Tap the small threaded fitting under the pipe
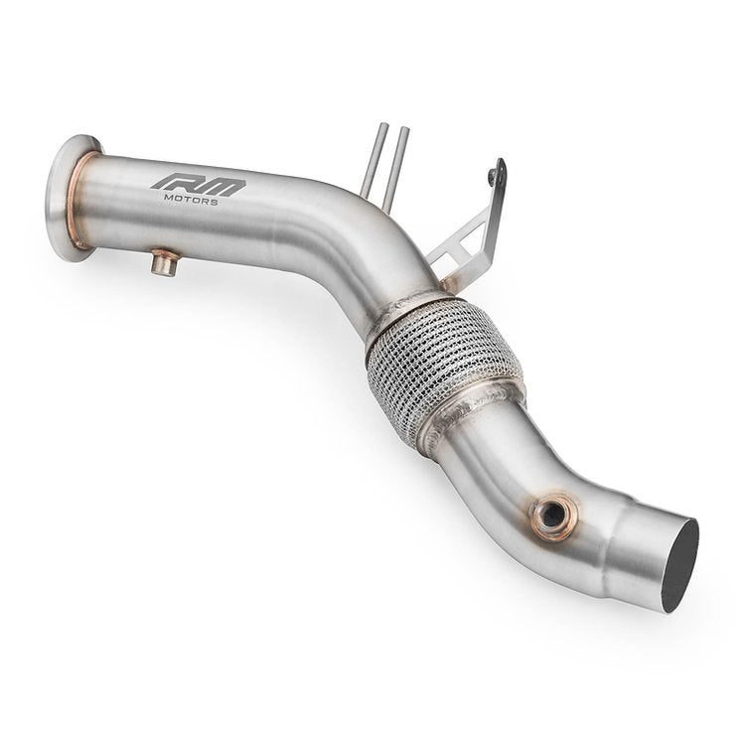[165, 263]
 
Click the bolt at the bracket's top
[492, 178]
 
